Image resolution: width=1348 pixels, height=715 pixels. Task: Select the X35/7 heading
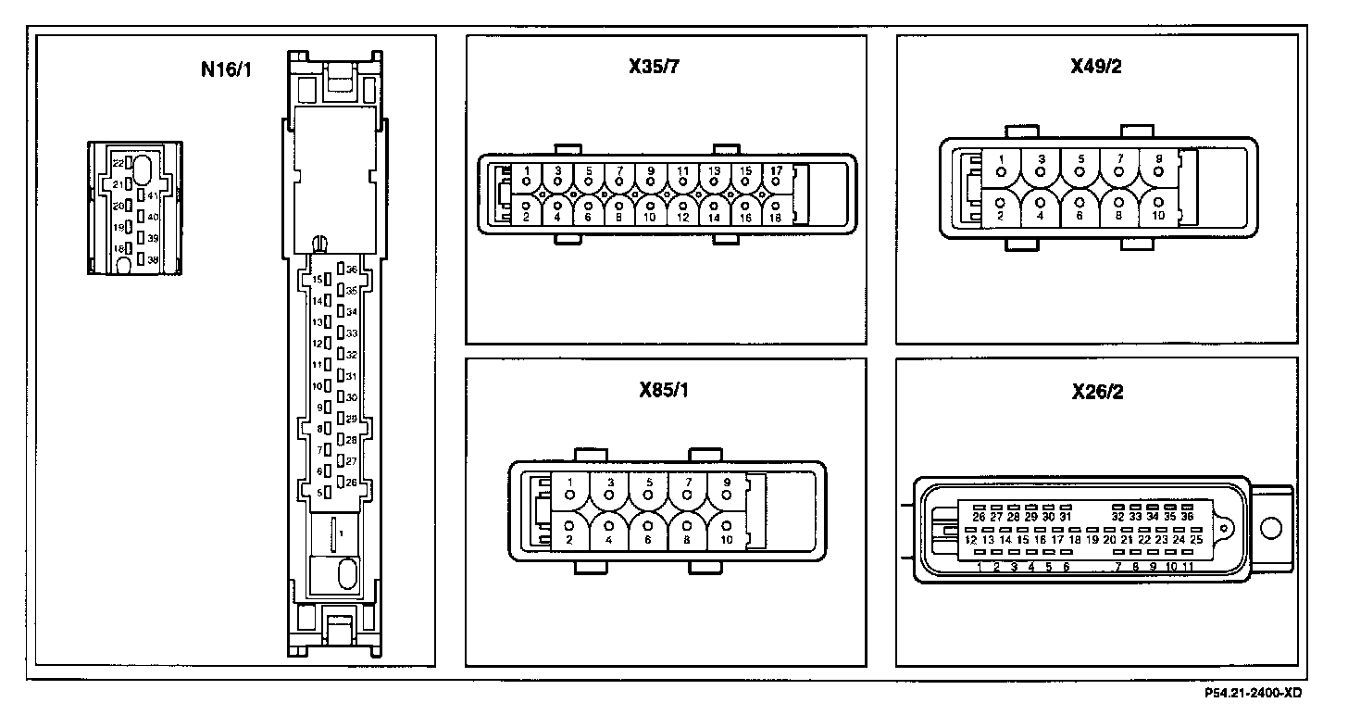tap(661, 67)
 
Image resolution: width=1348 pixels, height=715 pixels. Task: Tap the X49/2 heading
tap(1096, 67)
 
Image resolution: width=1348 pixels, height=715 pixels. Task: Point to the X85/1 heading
tap(663, 390)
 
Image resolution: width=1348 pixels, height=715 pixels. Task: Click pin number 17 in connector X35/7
tap(775, 171)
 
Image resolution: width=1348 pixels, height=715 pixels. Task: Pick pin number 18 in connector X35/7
tap(775, 217)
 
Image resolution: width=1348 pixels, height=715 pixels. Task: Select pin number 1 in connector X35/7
tap(526, 171)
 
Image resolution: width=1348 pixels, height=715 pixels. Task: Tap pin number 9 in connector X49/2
tap(1158, 159)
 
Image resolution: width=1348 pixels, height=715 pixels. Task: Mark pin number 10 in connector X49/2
tap(1158, 215)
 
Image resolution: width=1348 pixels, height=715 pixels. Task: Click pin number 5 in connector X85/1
tap(648, 483)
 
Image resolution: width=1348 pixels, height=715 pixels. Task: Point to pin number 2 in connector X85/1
tap(569, 538)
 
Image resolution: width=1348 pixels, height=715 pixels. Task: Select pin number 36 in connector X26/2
tap(1187, 516)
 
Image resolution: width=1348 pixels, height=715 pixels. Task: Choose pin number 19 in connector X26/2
tap(1092, 539)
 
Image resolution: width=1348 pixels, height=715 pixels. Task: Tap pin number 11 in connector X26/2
tap(1188, 566)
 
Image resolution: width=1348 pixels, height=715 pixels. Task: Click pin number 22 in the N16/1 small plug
tap(118, 163)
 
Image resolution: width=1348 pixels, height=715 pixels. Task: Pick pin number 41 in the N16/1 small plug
tap(153, 195)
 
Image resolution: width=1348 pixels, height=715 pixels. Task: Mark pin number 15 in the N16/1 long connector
tap(317, 279)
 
